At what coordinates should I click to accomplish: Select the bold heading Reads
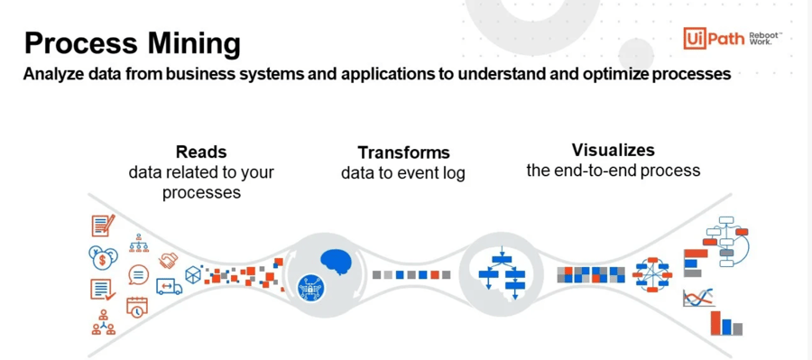tap(201, 152)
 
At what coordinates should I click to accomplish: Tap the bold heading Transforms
tap(403, 152)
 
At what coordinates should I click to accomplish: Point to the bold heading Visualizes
tap(613, 150)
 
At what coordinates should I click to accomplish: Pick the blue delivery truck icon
tap(169, 286)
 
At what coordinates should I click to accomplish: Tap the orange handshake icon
tap(169, 260)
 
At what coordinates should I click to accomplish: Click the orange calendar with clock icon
tap(137, 306)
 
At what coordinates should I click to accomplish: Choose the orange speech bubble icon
tap(139, 274)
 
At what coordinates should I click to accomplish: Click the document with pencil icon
tap(103, 226)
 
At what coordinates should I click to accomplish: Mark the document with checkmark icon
tap(102, 290)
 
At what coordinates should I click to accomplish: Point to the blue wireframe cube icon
tap(193, 274)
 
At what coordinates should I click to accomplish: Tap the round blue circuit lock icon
tap(310, 288)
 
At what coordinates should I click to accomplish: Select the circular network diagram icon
tap(651, 274)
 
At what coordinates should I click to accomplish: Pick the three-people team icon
tap(103, 322)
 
